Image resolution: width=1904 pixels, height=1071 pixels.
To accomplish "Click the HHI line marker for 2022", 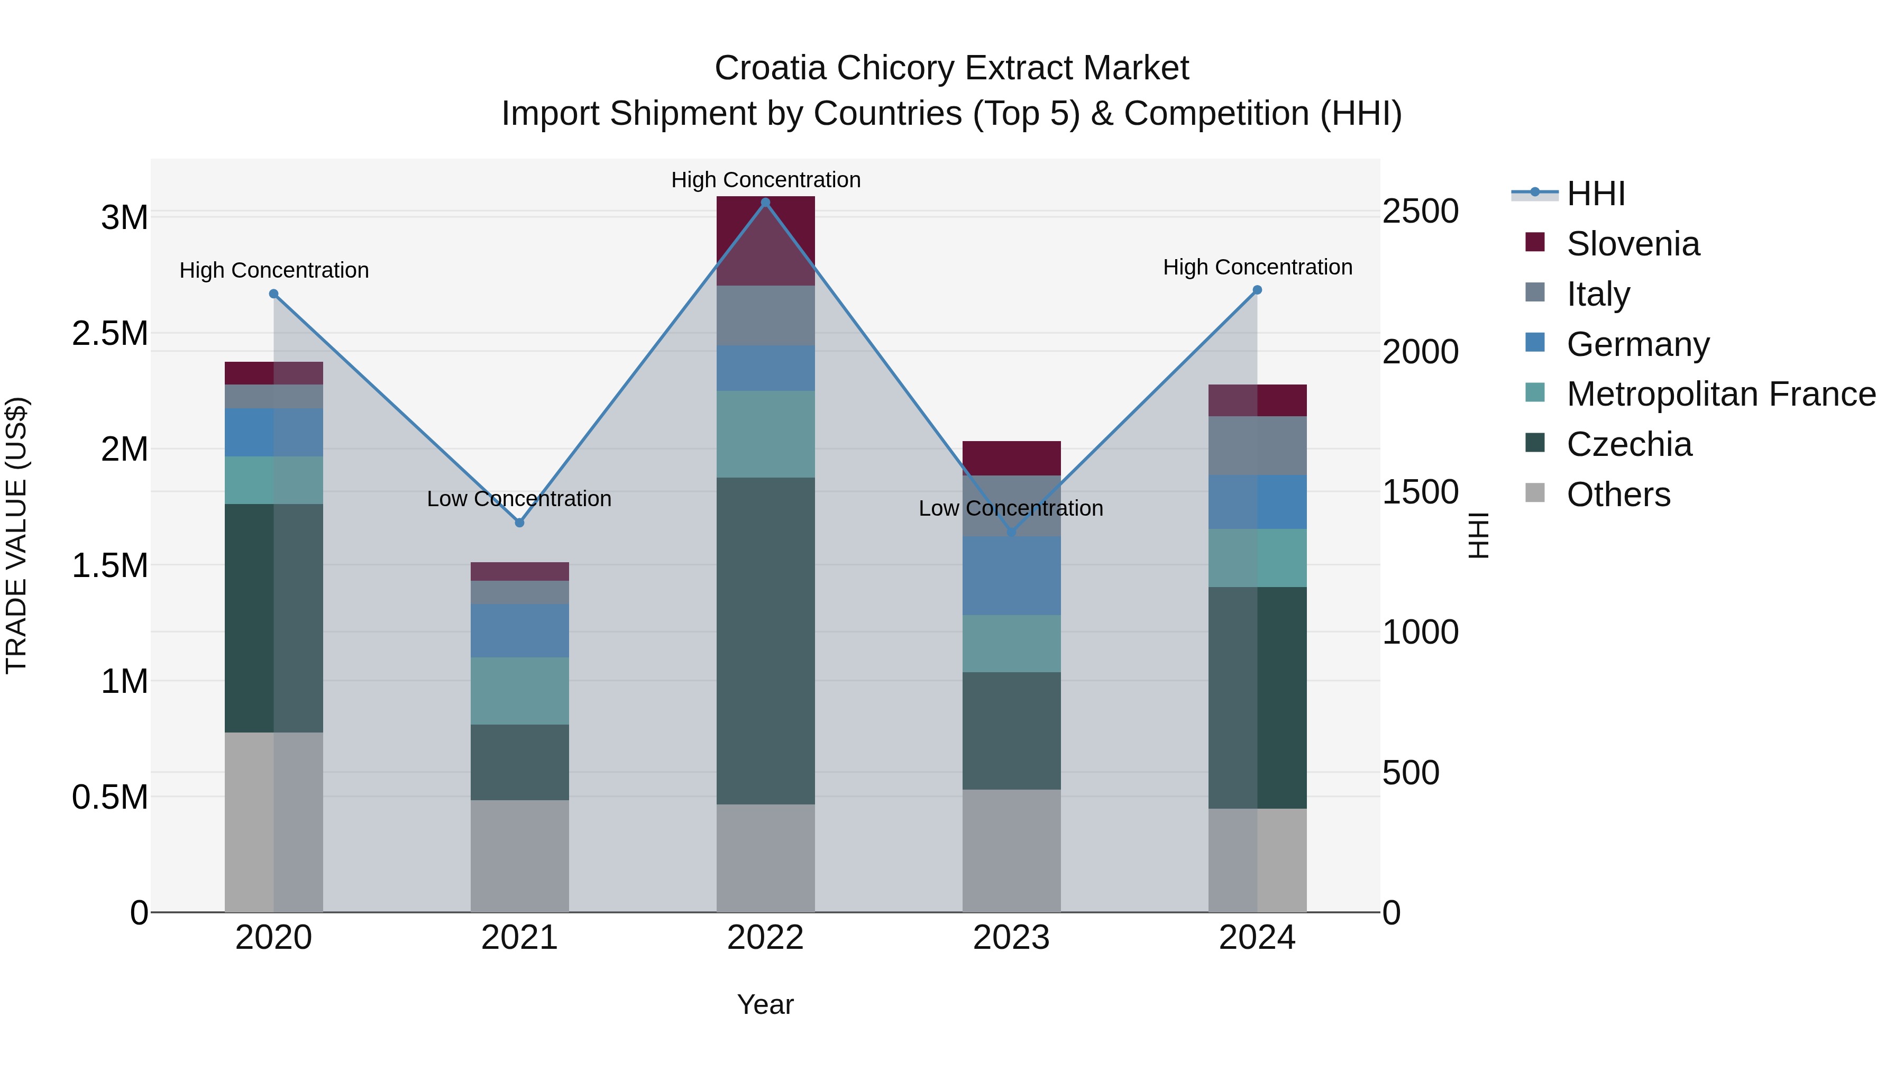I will point(766,202).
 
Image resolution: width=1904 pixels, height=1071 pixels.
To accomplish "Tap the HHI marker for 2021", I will point(519,523).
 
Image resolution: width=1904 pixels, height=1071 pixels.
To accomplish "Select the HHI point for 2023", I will point(1012,532).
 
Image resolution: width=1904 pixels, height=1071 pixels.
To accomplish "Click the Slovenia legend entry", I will point(1633,244).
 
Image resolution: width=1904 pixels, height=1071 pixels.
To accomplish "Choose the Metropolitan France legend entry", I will point(1720,395).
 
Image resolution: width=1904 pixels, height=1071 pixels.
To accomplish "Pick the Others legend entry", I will point(1618,495).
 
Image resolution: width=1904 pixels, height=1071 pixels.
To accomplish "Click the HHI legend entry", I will point(1595,194).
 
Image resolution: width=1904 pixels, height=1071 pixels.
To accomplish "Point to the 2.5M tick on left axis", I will point(110,333).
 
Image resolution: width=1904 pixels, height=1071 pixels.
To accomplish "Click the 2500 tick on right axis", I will point(1420,212).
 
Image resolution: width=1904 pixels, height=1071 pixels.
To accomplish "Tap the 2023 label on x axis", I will point(1011,938).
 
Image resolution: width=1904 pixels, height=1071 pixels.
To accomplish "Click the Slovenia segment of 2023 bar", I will point(1011,458).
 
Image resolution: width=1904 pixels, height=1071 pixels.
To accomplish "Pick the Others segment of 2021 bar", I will point(519,856).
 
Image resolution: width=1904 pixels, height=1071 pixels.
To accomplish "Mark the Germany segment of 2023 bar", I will point(1011,576).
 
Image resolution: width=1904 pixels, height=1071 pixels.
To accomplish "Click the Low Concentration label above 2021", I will point(519,499).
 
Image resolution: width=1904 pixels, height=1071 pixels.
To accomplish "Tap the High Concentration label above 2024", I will point(1257,267).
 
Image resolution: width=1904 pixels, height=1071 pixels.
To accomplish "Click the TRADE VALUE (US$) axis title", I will point(16,535).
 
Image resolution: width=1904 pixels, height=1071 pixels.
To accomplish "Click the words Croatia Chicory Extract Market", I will point(951,68).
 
